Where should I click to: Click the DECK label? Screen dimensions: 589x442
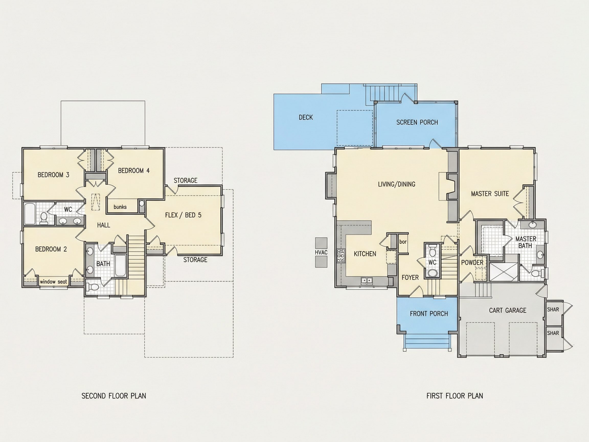point(306,117)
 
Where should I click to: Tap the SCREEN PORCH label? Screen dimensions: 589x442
point(417,122)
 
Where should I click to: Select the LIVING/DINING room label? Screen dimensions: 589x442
point(397,184)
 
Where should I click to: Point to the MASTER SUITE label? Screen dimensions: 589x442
point(490,194)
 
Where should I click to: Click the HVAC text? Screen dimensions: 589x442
point(321,252)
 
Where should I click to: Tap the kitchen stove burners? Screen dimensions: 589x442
point(341,256)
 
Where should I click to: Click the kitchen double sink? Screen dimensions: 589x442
point(367,280)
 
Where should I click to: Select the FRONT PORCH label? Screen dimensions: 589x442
point(429,314)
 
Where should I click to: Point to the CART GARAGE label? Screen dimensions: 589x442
point(507,310)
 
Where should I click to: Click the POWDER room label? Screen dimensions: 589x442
point(472,262)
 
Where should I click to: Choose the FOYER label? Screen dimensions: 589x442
point(410,278)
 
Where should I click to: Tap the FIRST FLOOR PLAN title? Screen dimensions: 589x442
point(455,396)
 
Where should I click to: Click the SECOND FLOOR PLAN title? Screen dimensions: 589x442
point(114,396)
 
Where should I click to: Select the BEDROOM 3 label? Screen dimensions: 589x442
point(53,175)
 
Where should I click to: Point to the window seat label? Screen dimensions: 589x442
point(53,282)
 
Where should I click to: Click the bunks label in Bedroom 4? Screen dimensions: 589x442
point(120,207)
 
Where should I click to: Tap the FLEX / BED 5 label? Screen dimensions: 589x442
point(183,215)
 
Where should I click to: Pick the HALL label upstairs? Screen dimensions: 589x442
point(104,225)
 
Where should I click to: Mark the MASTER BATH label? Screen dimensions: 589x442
point(526,242)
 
